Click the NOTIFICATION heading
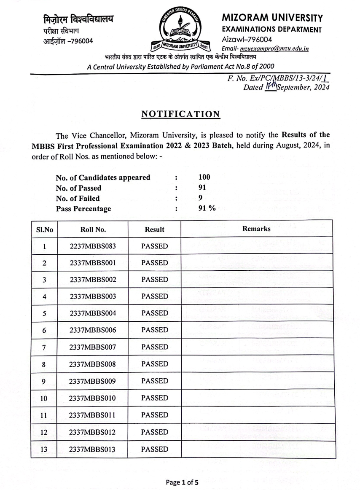pyautogui.click(x=180, y=114)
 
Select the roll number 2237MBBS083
pyautogui.click(x=93, y=246)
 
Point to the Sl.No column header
pyautogui.click(x=44, y=229)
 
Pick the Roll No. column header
pyautogui.click(x=93, y=229)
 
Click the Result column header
pyautogui.click(x=154, y=229)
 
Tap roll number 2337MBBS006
pyautogui.click(x=93, y=330)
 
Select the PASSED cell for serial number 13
pyautogui.click(x=154, y=449)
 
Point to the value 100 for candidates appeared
pyautogui.click(x=204, y=178)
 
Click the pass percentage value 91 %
pyautogui.click(x=207, y=208)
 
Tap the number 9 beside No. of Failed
pyautogui.click(x=201, y=198)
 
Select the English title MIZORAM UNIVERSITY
pyautogui.click(x=272, y=18)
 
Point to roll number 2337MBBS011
pyautogui.click(x=93, y=415)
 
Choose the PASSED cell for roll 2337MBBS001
pyautogui.click(x=154, y=263)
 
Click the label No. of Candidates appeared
pyautogui.click(x=103, y=178)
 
